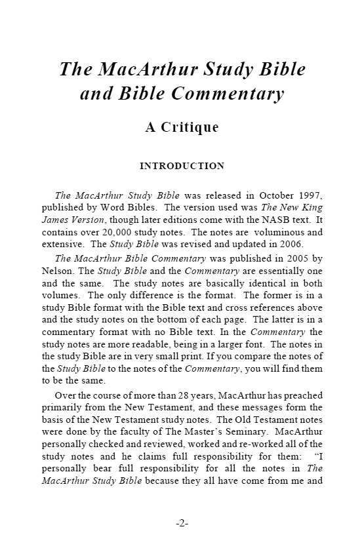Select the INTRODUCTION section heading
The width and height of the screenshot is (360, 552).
click(x=182, y=166)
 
